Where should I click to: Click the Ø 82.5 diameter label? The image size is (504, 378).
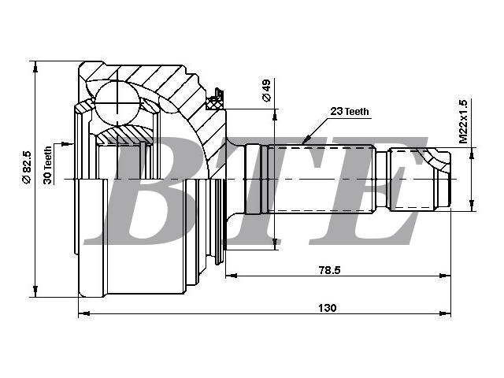click(27, 167)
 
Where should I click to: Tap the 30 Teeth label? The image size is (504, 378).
click(47, 165)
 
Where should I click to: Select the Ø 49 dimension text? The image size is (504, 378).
click(266, 91)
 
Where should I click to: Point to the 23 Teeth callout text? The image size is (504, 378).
click(350, 112)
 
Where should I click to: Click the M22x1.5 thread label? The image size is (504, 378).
click(463, 121)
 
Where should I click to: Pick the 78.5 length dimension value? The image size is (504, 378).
click(329, 270)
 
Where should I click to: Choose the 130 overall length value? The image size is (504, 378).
click(328, 308)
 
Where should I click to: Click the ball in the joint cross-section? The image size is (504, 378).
click(117, 103)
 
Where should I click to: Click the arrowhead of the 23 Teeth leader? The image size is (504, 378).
click(306, 139)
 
